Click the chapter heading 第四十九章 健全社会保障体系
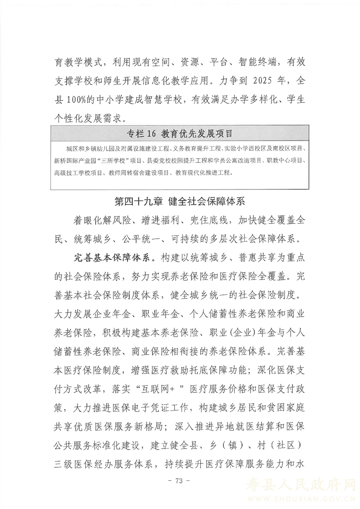point(180,201)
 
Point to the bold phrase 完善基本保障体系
point(113,258)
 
